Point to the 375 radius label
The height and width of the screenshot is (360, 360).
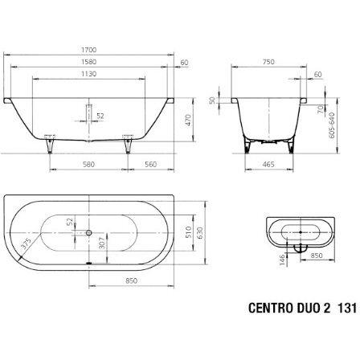coord(29,244)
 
